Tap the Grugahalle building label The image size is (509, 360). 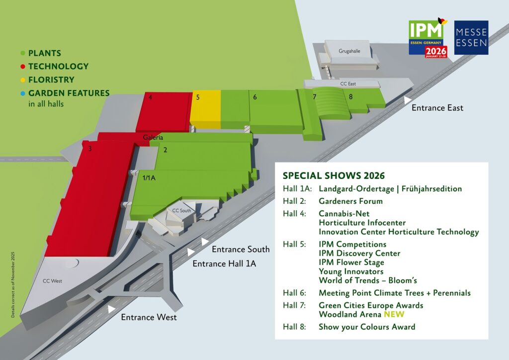pos(349,51)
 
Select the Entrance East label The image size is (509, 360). pos(437,107)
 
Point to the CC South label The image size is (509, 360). pos(181,210)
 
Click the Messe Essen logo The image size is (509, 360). pos(471,38)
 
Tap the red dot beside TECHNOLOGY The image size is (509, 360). pos(22,67)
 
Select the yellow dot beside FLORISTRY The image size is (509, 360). pos(22,80)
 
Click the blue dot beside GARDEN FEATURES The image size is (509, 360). pos(22,93)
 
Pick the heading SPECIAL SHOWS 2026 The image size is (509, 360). pos(334,176)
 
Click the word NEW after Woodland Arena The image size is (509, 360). pos(394,314)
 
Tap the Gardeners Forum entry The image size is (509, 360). pos(350,201)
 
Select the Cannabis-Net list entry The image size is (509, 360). pos(344,214)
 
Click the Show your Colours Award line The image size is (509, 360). pos(367,327)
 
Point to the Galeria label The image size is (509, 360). pos(153,137)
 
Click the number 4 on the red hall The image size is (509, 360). pos(150,97)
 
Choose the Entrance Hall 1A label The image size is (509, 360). pos(224,264)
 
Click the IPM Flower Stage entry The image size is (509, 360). pos(351,263)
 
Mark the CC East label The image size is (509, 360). pos(348,84)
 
